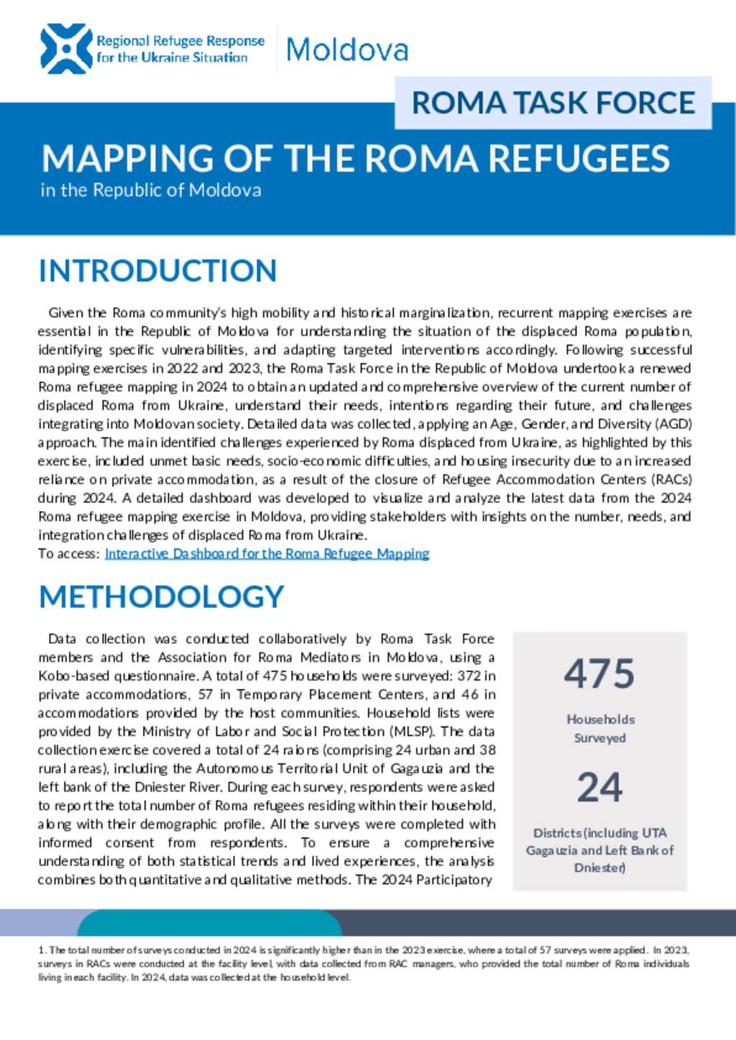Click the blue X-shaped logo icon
tap(66, 49)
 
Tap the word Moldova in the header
tap(347, 50)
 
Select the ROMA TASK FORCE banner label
tap(553, 103)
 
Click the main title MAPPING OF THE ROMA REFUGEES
tap(356, 159)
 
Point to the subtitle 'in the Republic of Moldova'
tap(151, 190)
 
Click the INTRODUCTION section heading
tap(157, 271)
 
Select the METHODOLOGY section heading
tap(162, 597)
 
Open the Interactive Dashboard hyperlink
tap(267, 553)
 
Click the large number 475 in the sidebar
tap(599, 674)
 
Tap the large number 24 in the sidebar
tap(599, 787)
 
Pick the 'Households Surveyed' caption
tap(600, 728)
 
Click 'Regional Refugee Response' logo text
tap(180, 42)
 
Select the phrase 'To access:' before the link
tap(68, 553)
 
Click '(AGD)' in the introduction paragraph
tap(673, 424)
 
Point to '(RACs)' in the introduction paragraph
tap(673, 479)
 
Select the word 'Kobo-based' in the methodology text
tap(73, 676)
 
